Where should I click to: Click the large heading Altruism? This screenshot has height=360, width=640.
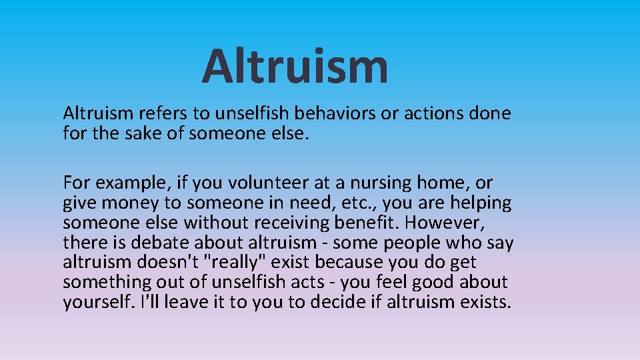point(295,66)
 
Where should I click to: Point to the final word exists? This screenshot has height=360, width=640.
point(486,303)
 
